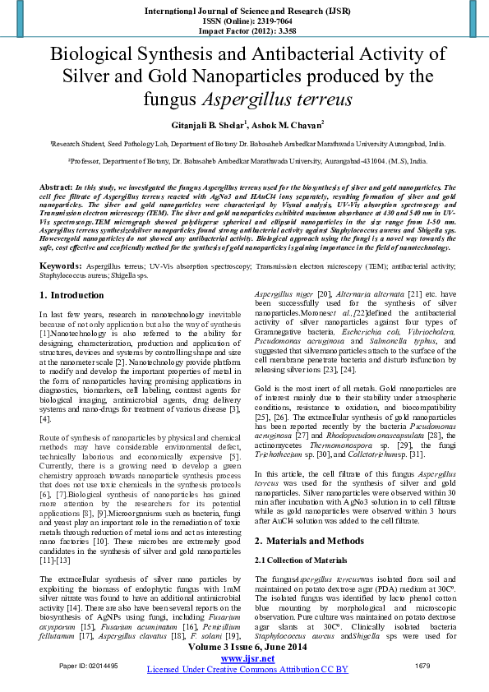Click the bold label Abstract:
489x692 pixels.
[57, 188]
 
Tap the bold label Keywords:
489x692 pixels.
[60, 243]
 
